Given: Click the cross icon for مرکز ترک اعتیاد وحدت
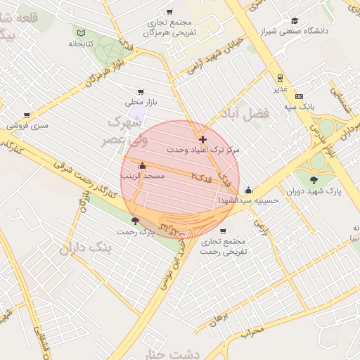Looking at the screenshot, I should point(203,139).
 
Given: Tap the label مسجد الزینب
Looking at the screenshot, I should point(143,176).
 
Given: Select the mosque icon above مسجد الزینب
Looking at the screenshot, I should point(143,166).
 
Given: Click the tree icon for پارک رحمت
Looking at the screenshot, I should point(135,221).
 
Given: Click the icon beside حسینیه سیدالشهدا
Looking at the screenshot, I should point(248,190).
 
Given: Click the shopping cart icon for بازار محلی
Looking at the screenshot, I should point(141,91).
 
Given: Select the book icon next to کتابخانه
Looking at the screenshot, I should point(80,33).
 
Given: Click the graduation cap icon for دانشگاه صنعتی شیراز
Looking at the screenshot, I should point(295,21).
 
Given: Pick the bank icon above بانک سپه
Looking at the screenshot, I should point(299,96).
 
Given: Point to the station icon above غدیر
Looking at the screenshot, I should point(280,79).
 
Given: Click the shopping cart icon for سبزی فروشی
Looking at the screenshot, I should point(26,115).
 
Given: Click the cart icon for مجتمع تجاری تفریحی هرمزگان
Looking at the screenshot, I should point(169,11).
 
